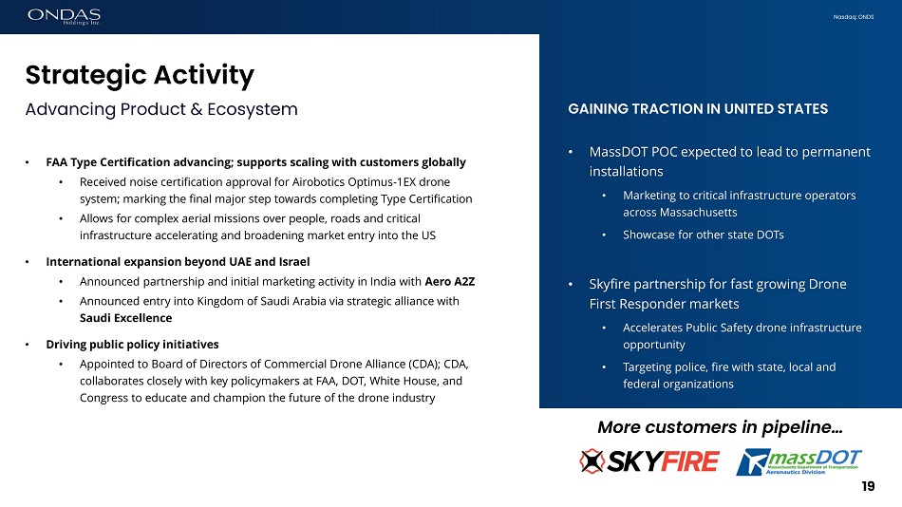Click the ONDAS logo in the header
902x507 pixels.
pyautogui.click(x=64, y=16)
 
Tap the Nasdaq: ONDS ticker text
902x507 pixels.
pyautogui.click(x=854, y=17)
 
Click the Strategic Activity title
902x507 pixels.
pyautogui.click(x=140, y=75)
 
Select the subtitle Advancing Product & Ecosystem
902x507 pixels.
pyautogui.click(x=161, y=109)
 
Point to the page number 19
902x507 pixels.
pyautogui.click(x=868, y=486)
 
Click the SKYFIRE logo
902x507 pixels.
pyautogui.click(x=649, y=461)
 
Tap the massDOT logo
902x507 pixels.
pyautogui.click(x=799, y=461)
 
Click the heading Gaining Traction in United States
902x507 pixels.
pyautogui.click(x=698, y=109)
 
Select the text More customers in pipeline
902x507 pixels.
pyautogui.click(x=720, y=427)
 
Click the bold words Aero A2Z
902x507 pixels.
pyautogui.click(x=450, y=281)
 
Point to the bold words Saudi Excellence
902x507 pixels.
pyautogui.click(x=126, y=318)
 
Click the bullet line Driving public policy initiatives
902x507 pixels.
pyautogui.click(x=132, y=344)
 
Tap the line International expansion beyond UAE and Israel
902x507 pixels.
pyautogui.click(x=178, y=262)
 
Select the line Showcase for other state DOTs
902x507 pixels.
pyautogui.click(x=703, y=235)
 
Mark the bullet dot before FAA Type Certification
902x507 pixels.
pyautogui.click(x=27, y=163)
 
